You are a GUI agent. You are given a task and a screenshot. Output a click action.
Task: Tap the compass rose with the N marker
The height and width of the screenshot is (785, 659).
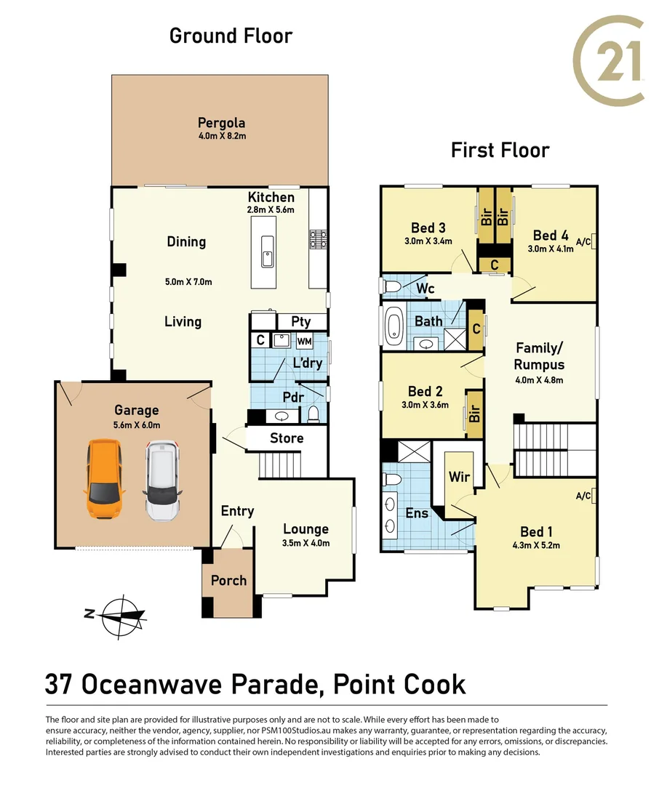[x=119, y=617]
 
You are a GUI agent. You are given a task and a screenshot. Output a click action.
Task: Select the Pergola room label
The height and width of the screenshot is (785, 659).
[x=222, y=123]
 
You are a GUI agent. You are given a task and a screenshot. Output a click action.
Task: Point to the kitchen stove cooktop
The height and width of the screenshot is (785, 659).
[x=318, y=239]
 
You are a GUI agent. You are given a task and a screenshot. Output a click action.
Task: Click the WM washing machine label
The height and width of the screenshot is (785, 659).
[x=304, y=342]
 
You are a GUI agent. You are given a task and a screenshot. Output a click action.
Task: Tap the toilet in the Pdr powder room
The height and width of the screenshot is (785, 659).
[x=313, y=414]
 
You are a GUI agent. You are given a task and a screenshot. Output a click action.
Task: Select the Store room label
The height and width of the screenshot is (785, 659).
[x=287, y=438]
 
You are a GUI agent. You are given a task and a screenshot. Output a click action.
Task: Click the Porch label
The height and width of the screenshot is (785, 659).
[x=229, y=580]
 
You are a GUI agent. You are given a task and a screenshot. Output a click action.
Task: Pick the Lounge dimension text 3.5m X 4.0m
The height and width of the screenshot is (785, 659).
[x=305, y=543]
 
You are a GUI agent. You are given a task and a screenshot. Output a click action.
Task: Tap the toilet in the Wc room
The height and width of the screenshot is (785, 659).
[x=392, y=287]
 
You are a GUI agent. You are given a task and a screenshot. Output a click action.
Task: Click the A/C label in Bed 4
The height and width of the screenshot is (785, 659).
[x=583, y=242]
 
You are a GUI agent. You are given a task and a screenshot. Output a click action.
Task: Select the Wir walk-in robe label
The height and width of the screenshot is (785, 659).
[x=459, y=476]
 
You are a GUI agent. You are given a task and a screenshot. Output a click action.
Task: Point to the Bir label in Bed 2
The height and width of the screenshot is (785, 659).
[x=474, y=413]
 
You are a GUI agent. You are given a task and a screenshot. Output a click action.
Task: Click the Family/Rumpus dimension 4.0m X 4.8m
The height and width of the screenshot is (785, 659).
[x=539, y=380]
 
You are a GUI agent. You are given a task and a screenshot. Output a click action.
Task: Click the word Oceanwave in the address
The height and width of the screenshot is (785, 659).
[x=151, y=685]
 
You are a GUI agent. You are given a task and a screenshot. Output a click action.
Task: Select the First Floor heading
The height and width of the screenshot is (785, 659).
[x=500, y=150]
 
